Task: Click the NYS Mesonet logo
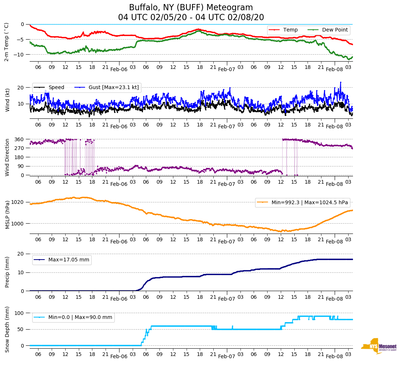(x=379, y=346)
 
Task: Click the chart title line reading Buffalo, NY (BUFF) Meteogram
(x=191, y=8)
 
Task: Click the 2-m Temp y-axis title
(x=6, y=42)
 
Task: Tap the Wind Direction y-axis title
(x=7, y=157)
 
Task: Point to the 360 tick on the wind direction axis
(x=19, y=139)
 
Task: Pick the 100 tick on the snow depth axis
(x=19, y=313)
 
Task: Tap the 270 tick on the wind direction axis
(x=19, y=148)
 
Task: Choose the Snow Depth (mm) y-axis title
(x=7, y=329)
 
